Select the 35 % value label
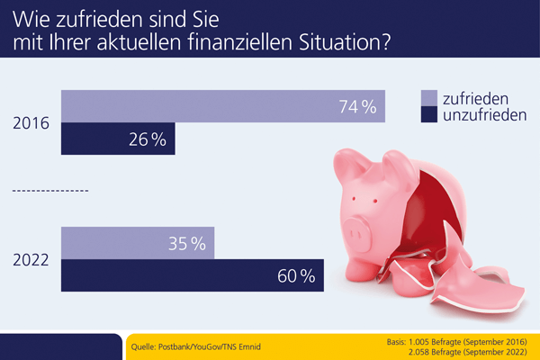[x=187, y=243]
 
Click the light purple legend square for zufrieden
[x=429, y=98]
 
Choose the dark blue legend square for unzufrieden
[x=429, y=116]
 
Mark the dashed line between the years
[x=50, y=192]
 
